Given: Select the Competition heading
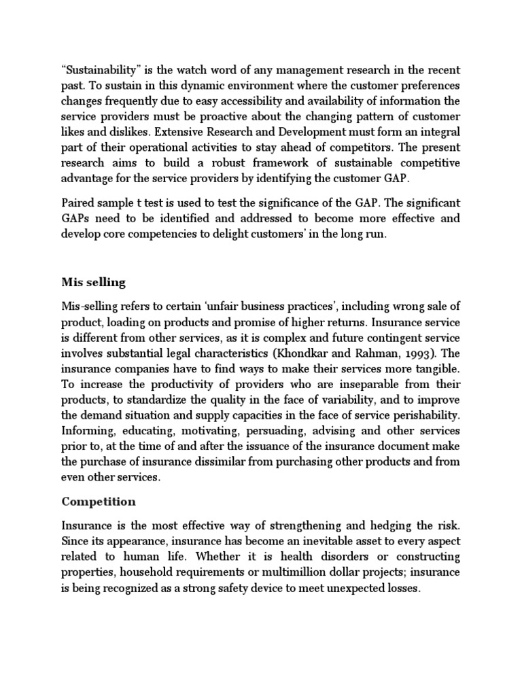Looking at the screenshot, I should tap(99, 502).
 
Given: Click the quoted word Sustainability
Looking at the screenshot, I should tap(99, 70).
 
